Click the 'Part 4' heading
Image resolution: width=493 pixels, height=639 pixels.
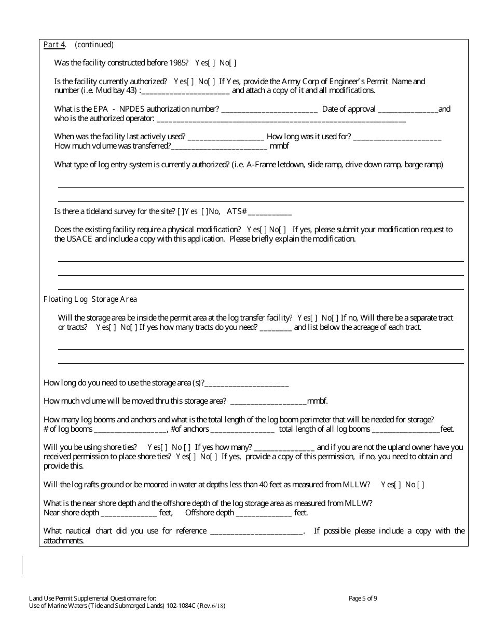coord(54,45)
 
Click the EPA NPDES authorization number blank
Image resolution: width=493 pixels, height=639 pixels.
coord(269,110)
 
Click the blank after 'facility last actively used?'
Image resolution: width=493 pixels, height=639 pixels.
coord(226,137)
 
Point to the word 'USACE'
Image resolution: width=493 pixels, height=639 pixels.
coord(79,239)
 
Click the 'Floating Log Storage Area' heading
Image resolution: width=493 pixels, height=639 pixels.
coord(90,299)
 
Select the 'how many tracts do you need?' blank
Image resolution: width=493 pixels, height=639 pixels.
coord(276,328)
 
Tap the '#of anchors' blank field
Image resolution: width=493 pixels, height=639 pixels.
coord(242,430)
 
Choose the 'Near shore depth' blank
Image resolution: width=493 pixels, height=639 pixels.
coord(129,513)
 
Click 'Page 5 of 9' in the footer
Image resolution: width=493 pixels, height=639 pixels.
coord(363,598)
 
